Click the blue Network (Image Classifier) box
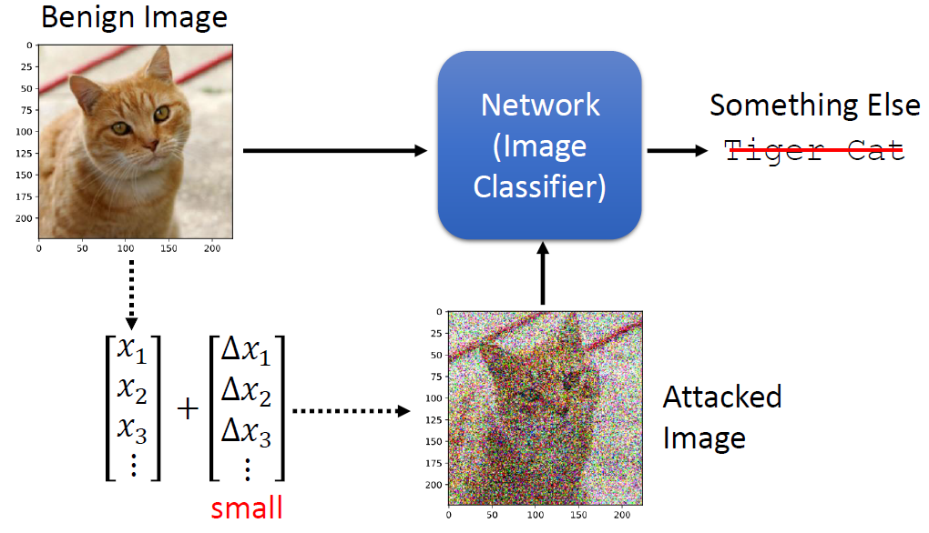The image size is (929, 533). point(539,146)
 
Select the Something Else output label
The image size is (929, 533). point(814,105)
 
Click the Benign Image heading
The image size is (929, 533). point(134,16)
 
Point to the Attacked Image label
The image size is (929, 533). point(721,417)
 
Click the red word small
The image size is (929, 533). point(247,507)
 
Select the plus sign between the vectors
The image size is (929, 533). point(188,409)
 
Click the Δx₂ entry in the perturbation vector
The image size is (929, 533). point(247,393)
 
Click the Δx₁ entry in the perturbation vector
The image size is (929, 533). point(247,351)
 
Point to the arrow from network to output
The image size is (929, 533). point(679,151)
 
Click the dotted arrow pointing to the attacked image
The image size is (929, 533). point(351,411)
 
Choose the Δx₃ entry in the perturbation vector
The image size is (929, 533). point(247,435)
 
